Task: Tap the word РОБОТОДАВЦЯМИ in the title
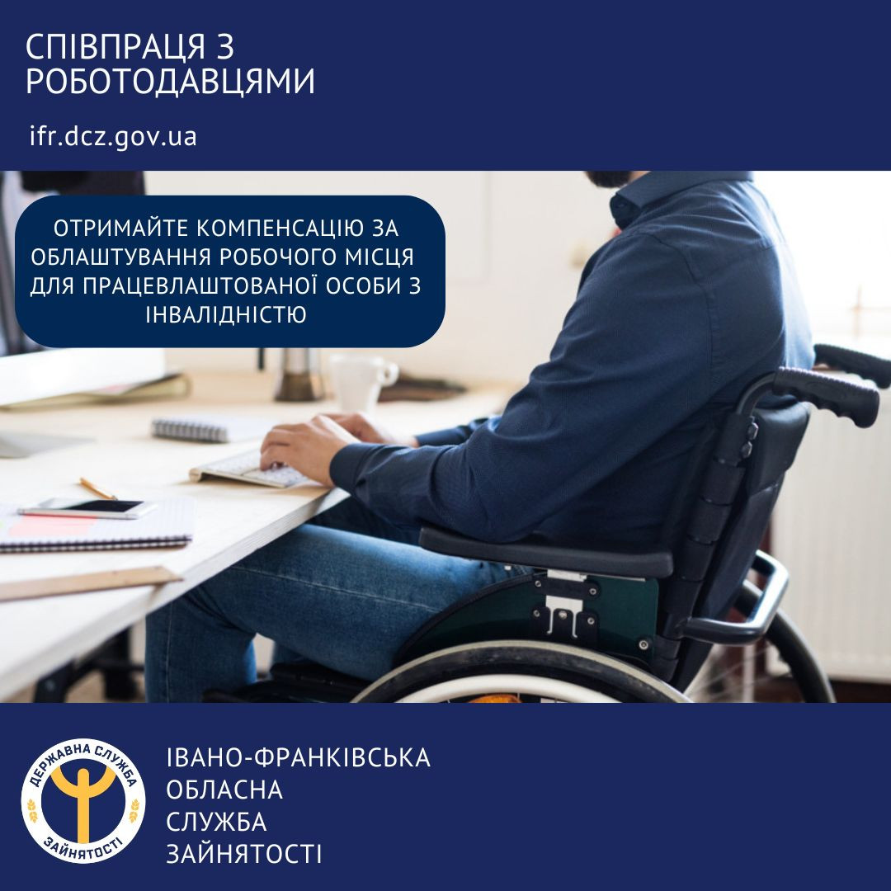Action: point(171,82)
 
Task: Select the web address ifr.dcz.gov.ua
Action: point(113,136)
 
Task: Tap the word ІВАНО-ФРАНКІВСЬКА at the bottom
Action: point(298,757)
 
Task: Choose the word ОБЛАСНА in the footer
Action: point(224,790)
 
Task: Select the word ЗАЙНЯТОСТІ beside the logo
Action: point(244,854)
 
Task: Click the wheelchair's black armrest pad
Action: point(544,550)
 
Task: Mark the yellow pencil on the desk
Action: point(98,488)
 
